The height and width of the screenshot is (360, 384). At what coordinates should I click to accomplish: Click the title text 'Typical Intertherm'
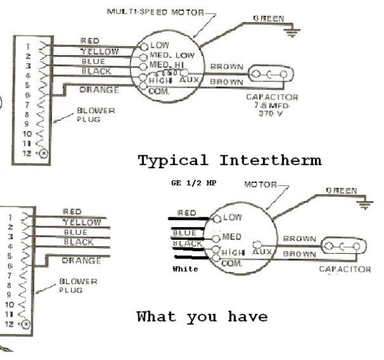click(x=229, y=160)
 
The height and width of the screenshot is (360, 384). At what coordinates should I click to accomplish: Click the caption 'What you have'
click(x=202, y=317)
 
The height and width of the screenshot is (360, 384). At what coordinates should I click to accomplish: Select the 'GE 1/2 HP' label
click(x=193, y=183)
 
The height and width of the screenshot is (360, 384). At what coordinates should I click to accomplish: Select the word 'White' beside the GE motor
click(x=185, y=269)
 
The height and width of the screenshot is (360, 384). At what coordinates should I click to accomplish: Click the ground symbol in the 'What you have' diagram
click(x=365, y=204)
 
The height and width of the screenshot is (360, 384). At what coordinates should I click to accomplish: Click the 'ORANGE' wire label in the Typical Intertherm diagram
click(x=99, y=90)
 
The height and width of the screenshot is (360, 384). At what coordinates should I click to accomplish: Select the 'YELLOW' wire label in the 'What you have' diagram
click(x=81, y=222)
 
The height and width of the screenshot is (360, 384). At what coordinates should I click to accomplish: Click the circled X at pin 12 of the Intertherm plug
click(x=43, y=153)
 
